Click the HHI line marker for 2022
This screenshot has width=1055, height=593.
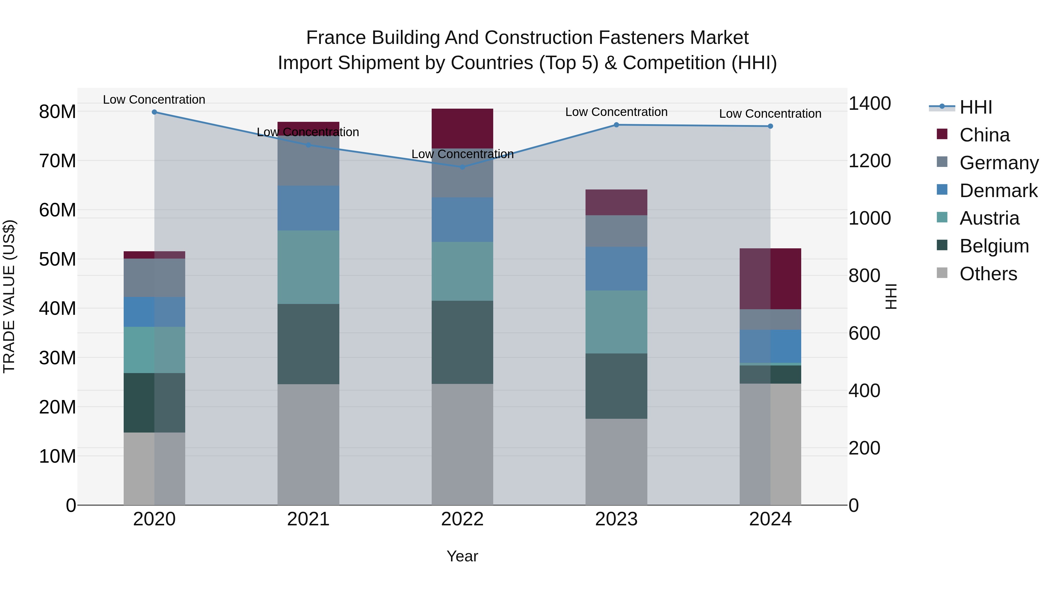462,167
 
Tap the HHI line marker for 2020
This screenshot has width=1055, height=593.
154,112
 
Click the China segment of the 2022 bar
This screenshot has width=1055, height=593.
462,129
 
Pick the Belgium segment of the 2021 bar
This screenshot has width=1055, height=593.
308,344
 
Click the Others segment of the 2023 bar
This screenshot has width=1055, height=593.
616,462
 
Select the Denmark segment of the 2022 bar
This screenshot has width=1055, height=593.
462,220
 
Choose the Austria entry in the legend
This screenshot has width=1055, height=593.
989,218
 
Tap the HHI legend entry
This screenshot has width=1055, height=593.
976,107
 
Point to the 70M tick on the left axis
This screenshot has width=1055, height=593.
57,161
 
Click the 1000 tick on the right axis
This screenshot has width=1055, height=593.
869,218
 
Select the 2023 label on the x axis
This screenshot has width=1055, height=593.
616,519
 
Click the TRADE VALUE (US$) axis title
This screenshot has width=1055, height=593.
9,296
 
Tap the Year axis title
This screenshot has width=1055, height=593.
462,556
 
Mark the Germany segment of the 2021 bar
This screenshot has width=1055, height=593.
308,161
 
